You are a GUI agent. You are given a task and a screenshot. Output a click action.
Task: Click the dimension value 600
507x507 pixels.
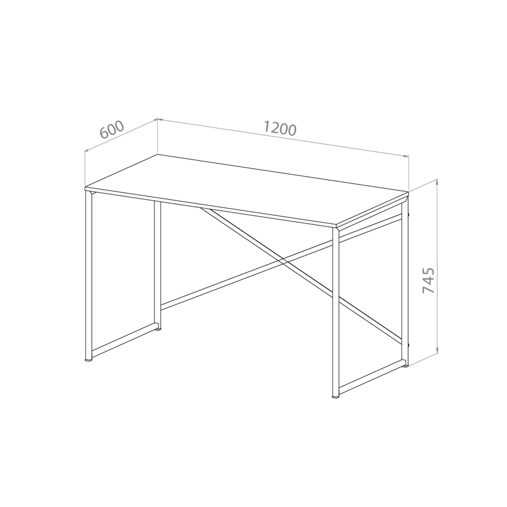(112, 129)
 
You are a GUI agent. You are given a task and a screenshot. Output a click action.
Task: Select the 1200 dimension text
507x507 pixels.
(280, 128)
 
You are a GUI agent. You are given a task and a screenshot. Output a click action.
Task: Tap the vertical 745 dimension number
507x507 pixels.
(429, 281)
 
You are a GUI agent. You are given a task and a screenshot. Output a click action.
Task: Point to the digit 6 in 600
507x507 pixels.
(105, 133)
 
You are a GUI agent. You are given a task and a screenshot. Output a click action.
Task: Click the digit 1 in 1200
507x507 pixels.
(266, 126)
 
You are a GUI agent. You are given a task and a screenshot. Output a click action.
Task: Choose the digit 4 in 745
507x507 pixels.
(429, 281)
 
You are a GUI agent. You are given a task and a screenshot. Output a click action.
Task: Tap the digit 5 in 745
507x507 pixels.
(429, 272)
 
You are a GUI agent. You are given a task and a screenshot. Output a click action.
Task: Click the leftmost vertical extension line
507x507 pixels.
(85, 169)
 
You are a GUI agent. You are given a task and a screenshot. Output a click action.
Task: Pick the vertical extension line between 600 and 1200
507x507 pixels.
(157, 138)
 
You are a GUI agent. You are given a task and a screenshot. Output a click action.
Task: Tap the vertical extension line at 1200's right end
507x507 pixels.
(409, 174)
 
